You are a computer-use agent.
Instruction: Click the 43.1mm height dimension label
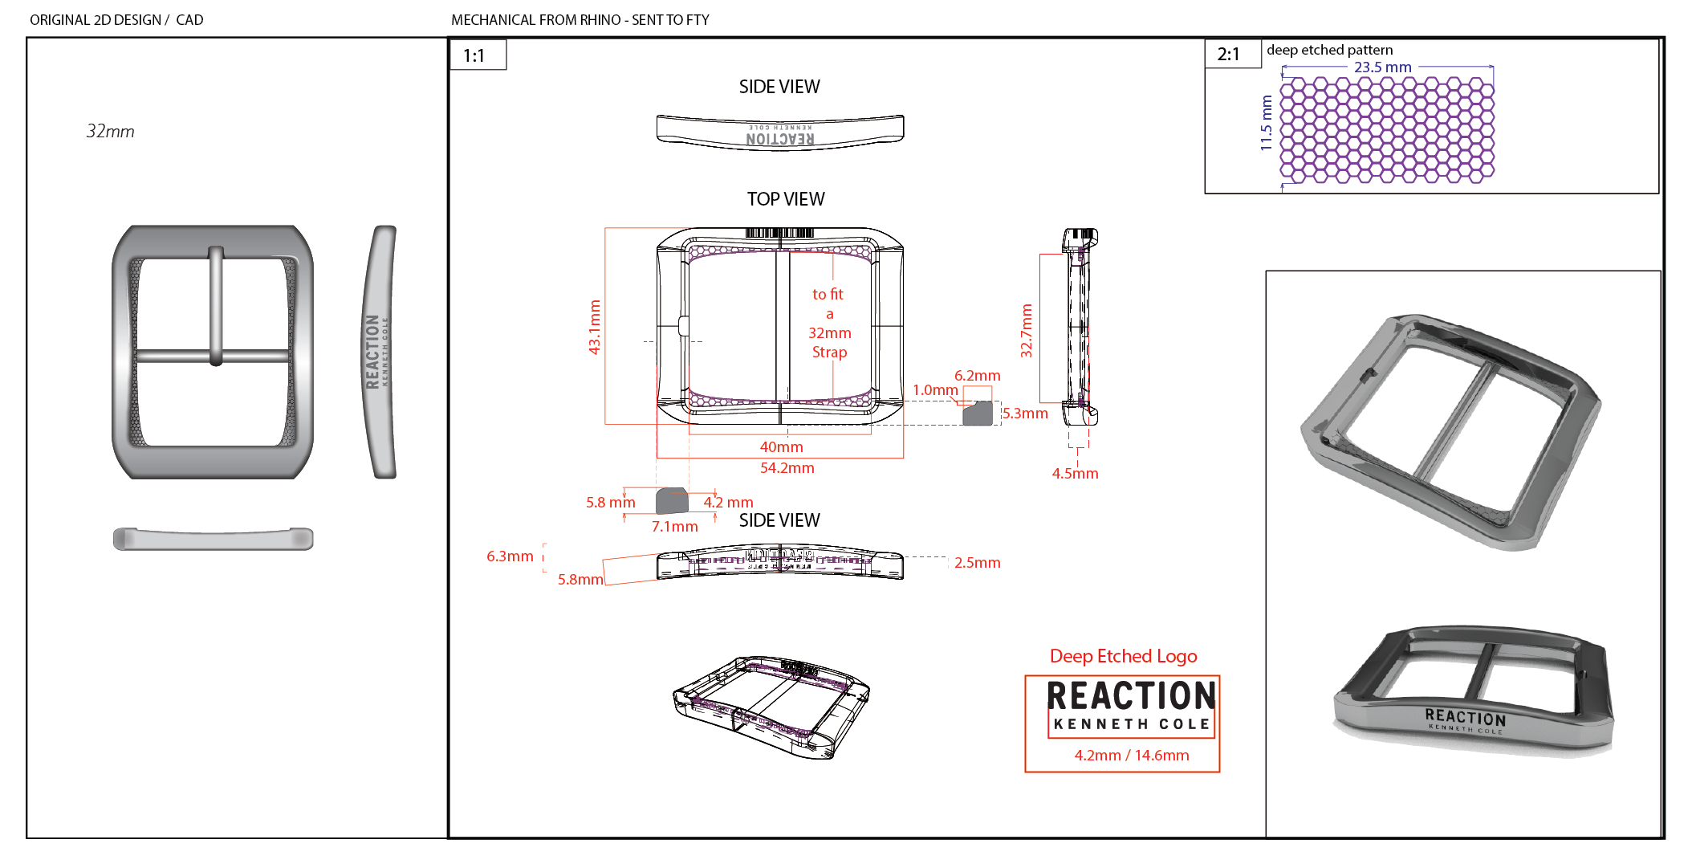(595, 327)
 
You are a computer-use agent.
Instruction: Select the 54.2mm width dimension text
(787, 468)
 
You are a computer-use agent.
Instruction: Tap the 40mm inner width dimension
(781, 447)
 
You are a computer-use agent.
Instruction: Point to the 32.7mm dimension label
(1027, 330)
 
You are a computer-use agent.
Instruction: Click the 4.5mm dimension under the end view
(1075, 474)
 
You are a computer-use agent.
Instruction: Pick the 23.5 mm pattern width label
(1382, 67)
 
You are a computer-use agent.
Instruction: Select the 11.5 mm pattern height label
(1267, 123)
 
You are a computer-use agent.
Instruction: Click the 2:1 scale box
(1228, 55)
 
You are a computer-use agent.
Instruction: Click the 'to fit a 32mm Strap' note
(829, 323)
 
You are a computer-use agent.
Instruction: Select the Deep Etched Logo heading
(1123, 656)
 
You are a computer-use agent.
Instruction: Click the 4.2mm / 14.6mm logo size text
(1131, 756)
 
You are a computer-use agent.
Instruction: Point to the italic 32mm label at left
(110, 132)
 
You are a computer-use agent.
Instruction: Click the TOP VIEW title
(785, 199)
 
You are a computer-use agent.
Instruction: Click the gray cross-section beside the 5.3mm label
(978, 414)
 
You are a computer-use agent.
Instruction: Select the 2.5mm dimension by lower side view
(977, 563)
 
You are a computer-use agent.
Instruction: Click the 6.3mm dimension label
(510, 556)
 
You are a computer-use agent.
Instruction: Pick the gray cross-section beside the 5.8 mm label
(672, 501)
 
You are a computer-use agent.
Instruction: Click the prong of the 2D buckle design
(216, 305)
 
